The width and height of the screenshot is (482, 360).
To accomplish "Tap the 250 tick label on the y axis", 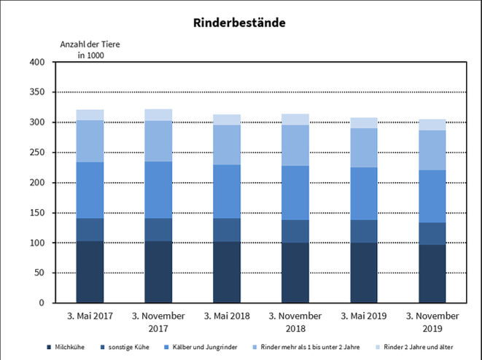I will click(38, 153).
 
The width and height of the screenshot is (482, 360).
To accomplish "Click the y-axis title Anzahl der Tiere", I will click(90, 44).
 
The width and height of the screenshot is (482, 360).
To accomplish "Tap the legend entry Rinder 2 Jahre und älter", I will click(419, 347).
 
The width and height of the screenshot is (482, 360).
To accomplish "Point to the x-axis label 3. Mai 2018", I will click(227, 316).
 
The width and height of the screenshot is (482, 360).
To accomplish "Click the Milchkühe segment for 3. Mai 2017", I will click(90, 271).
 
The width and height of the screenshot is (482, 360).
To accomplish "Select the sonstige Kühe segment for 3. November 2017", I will click(158, 229).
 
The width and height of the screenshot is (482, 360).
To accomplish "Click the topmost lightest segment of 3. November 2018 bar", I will click(295, 120).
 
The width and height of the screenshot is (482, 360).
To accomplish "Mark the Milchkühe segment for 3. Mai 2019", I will click(364, 273).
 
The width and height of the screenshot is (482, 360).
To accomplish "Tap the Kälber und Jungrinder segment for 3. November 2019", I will click(432, 196).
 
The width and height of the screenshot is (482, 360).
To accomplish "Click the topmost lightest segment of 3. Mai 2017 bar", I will click(90, 114).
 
